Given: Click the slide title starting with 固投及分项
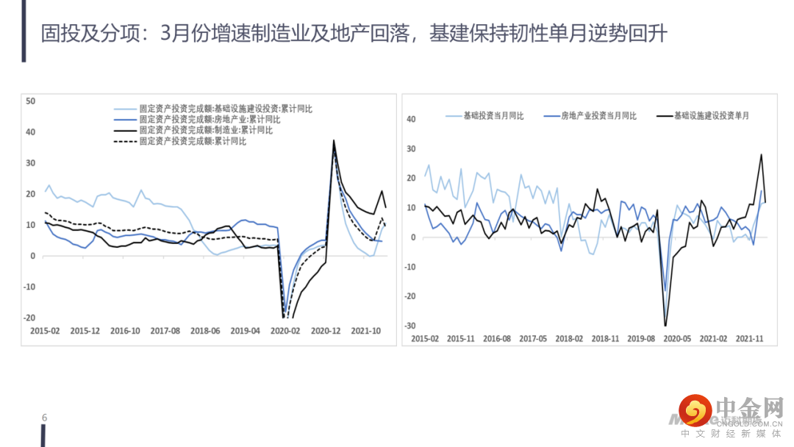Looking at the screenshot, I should (x=354, y=33).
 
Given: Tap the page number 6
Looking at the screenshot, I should (x=44, y=418).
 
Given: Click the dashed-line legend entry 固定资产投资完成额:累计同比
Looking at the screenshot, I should (x=193, y=141).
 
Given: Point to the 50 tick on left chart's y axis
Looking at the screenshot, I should (x=30, y=101).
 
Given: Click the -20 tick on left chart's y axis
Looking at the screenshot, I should (x=30, y=318).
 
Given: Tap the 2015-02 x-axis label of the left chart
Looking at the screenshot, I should (x=45, y=331).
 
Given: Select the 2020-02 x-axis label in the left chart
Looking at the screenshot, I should (x=286, y=331).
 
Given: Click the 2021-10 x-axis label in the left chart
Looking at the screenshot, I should (x=366, y=331).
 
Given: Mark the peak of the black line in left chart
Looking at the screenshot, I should (x=334, y=140).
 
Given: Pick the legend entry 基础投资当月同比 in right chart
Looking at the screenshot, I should (x=493, y=115).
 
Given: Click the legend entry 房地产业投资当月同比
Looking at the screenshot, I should (x=598, y=115).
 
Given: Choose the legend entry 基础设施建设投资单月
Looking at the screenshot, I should (x=712, y=115).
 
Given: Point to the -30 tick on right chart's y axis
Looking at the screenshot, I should (x=412, y=326).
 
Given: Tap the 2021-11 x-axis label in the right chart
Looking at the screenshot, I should (x=749, y=338).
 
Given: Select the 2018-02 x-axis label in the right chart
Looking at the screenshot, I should (x=569, y=338).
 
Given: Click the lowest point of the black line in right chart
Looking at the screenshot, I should (x=665, y=326).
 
